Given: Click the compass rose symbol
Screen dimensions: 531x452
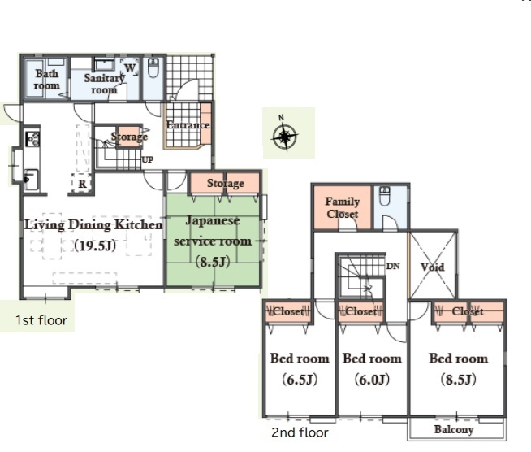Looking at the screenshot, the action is [285, 137].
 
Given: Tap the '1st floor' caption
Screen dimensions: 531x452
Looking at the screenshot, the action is [41, 320].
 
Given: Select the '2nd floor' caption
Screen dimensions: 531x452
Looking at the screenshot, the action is [300, 432].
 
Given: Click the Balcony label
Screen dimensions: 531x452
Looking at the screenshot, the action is [453, 429].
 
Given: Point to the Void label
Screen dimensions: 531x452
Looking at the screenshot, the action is [433, 267].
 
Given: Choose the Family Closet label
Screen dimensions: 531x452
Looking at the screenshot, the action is [343, 208].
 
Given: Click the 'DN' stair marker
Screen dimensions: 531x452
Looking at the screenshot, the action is [393, 266].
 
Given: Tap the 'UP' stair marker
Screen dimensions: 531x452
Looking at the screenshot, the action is [147, 159].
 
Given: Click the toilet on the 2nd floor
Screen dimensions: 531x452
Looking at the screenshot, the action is [385, 197].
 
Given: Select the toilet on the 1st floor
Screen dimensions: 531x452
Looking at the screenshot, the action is [153, 67].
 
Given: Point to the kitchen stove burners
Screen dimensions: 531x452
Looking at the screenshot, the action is [32, 139].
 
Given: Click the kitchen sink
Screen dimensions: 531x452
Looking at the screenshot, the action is [31, 180].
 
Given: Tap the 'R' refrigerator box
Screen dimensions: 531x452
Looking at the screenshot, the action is [82, 184].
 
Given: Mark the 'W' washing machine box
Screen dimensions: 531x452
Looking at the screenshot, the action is [130, 67].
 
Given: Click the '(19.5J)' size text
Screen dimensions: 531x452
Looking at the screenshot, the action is [95, 246].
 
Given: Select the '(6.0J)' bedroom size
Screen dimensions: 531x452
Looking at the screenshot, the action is [372, 379].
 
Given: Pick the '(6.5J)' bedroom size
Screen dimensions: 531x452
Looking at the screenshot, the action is [300, 380].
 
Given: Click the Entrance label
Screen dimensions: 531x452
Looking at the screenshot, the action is [188, 124].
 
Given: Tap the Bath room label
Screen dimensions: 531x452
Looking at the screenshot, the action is [47, 80].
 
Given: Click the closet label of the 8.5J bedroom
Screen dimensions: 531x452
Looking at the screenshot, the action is [468, 311].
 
